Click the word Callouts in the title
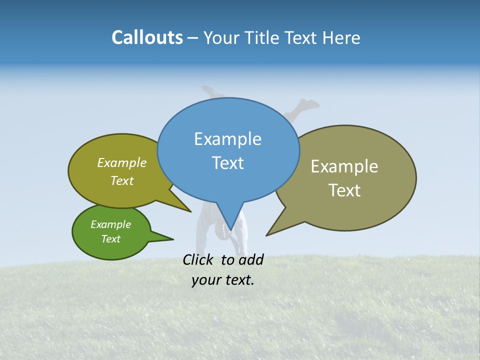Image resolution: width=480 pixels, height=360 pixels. coord(147,37)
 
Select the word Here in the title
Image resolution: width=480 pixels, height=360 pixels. coord(341,37)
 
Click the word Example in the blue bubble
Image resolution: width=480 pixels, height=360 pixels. coord(227,139)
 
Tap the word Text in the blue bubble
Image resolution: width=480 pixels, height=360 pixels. coord(228,163)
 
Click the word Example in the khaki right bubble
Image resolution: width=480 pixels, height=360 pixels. coord(344,166)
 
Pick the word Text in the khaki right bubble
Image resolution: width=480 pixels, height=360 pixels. coord(345,190)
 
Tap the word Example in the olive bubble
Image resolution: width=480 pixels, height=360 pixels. coord(122,162)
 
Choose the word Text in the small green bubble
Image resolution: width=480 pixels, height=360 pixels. coord(111,239)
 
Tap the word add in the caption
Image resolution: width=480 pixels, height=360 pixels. coord(251,259)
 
